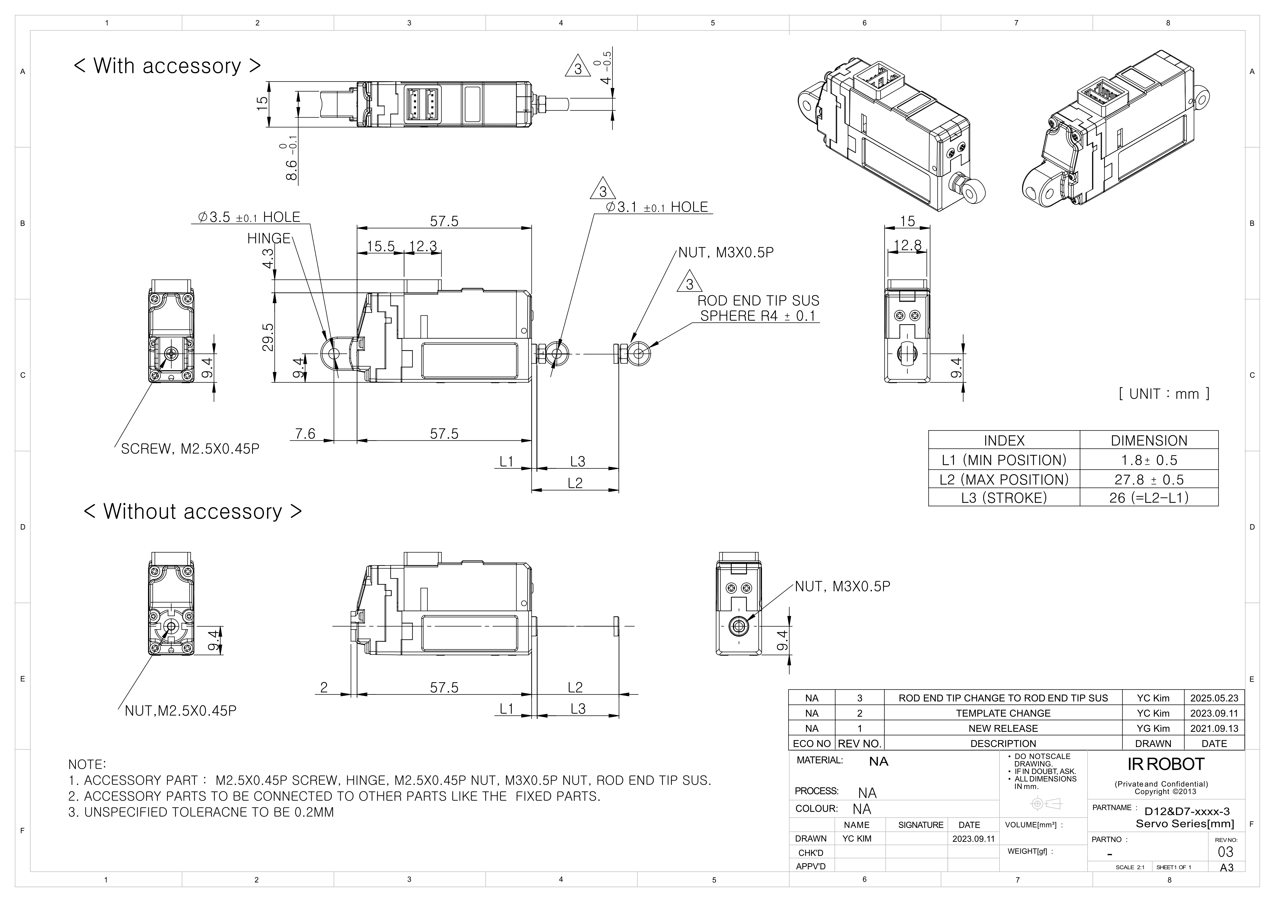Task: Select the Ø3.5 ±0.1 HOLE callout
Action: point(249,217)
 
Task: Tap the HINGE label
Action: point(269,238)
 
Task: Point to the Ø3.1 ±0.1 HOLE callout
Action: point(657,207)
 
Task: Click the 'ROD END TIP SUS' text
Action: point(758,301)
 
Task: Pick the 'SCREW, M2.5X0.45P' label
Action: point(190,449)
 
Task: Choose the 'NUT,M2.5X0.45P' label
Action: point(180,711)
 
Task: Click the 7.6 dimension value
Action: point(305,433)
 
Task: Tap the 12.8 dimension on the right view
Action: point(907,245)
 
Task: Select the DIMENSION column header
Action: point(1148,440)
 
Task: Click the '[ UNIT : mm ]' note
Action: point(1164,394)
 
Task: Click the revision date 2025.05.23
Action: point(1214,698)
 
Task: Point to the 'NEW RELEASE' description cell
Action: point(1003,728)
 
